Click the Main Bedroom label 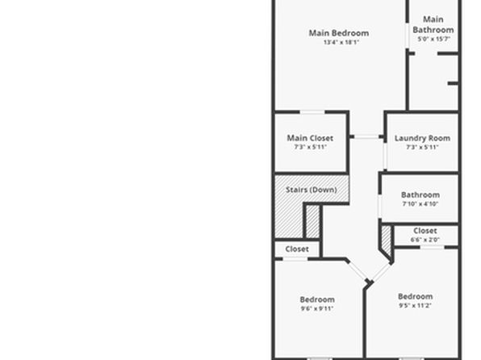[339, 33]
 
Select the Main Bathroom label [433, 24]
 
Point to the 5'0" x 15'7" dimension [433, 39]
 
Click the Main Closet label [310, 138]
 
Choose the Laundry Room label [422, 138]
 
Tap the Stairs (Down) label [312, 190]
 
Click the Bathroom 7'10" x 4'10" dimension [420, 203]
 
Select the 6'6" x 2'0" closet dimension [425, 240]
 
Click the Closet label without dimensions [297, 249]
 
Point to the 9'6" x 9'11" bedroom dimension [317, 308]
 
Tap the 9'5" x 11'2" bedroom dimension [415, 305]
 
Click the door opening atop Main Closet [312, 112]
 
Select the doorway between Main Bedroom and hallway [367, 137]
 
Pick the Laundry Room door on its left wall [385, 157]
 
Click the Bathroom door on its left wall [380, 207]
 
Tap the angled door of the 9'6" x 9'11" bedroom [357, 271]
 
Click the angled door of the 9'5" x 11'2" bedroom [381, 273]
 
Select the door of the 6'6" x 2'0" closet [432, 247]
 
